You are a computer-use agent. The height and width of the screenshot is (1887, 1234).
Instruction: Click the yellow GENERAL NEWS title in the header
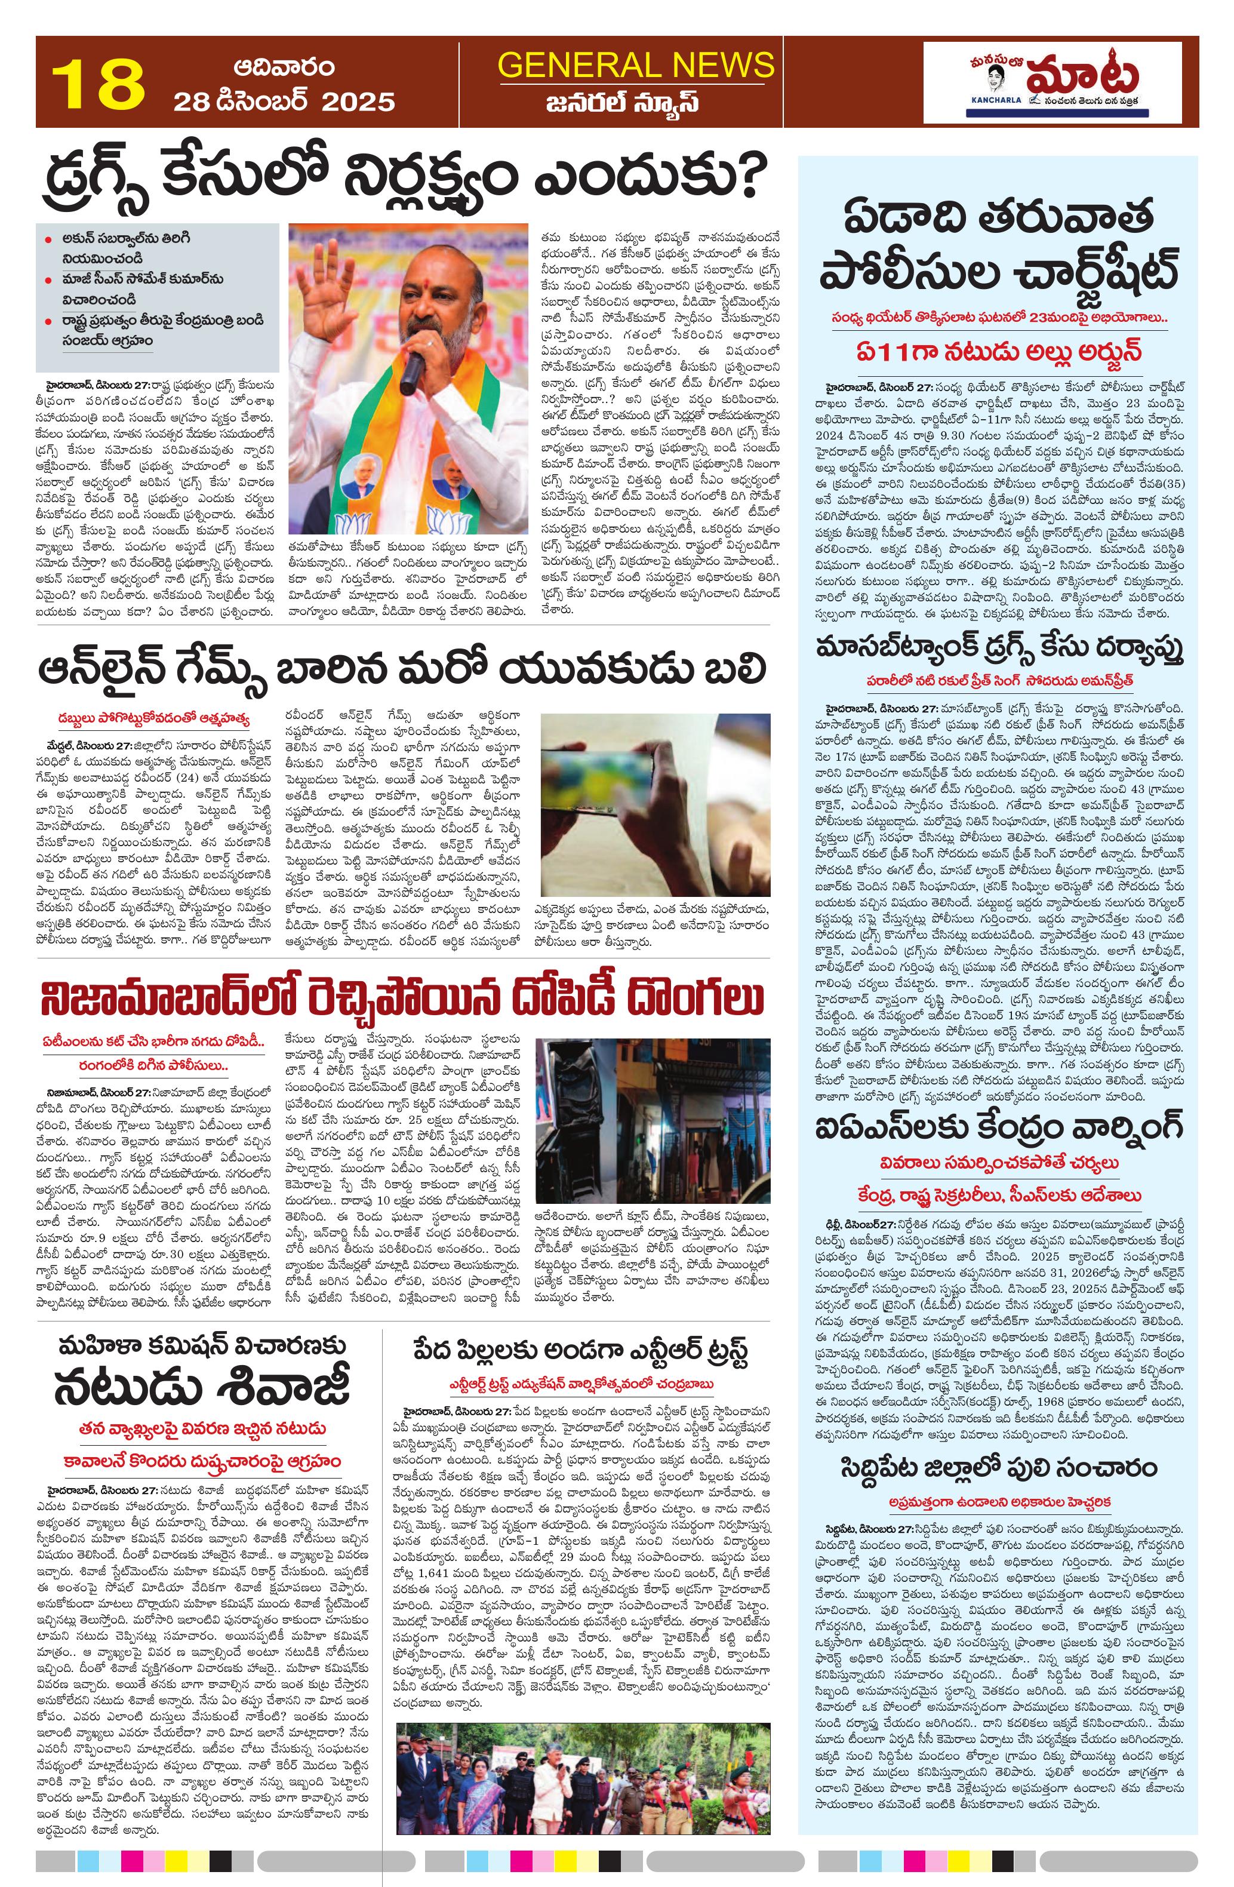coord(636,64)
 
